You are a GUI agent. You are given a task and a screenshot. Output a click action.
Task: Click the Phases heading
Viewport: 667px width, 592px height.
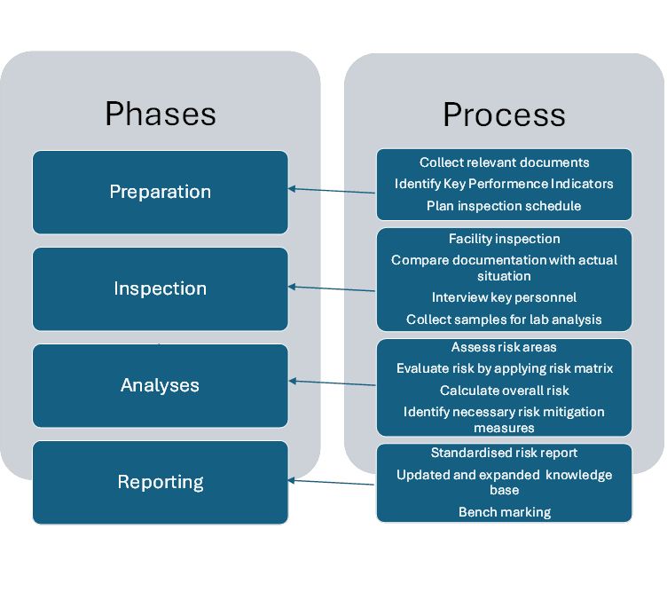(161, 114)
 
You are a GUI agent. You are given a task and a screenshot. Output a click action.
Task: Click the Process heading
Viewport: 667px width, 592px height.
(504, 114)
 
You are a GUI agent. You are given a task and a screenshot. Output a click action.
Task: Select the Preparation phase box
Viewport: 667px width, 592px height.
(161, 192)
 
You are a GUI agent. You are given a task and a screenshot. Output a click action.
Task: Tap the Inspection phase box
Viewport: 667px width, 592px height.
(161, 288)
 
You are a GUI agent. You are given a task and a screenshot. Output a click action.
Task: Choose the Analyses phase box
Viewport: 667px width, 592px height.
(161, 385)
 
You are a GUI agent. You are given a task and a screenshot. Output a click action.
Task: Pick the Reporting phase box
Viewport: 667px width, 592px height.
(161, 482)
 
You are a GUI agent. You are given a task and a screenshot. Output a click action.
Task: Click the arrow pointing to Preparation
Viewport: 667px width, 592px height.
(332, 190)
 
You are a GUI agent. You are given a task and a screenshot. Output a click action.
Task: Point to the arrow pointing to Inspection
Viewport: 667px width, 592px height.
(332, 288)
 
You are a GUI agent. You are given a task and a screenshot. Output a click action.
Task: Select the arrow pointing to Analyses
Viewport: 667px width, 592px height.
(332, 383)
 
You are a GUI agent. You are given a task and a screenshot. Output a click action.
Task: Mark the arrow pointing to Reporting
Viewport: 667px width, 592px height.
(331, 482)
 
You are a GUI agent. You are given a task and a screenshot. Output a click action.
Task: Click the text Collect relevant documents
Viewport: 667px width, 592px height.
(504, 162)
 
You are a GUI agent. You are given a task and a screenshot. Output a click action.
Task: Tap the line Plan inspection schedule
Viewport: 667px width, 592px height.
(504, 206)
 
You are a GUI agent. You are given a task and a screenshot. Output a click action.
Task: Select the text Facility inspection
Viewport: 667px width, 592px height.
(504, 239)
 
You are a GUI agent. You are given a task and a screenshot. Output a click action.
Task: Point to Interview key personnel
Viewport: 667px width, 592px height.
(504, 297)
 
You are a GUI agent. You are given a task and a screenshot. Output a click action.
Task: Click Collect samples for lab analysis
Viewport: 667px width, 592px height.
(504, 320)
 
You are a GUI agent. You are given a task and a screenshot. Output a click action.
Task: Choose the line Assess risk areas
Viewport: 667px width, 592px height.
(504, 347)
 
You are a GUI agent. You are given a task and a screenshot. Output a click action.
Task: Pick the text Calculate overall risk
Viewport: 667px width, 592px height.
(504, 391)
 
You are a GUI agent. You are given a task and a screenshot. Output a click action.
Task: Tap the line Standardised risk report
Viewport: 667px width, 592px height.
(504, 453)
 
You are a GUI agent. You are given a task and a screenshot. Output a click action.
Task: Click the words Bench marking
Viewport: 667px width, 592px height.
(505, 512)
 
